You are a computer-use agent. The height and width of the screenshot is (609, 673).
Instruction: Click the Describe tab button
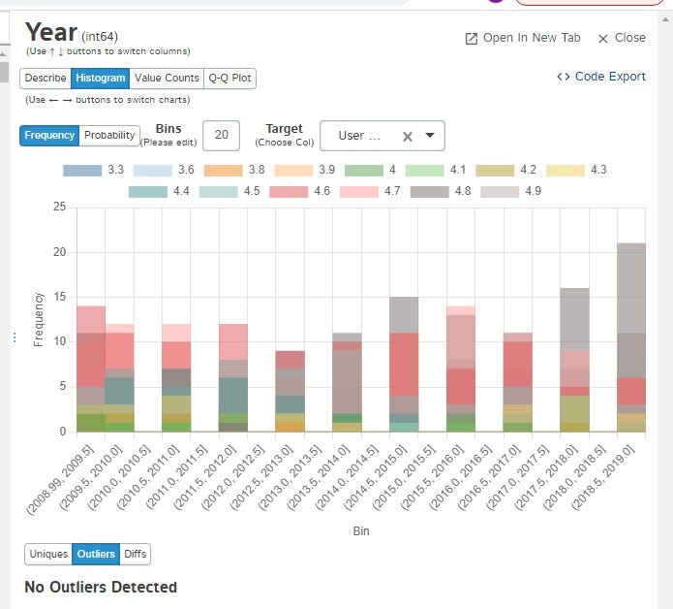(46, 79)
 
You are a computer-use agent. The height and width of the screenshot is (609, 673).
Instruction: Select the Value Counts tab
(167, 79)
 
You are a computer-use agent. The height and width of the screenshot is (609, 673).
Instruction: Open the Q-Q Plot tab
(230, 79)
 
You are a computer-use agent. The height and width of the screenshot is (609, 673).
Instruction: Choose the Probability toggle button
(109, 136)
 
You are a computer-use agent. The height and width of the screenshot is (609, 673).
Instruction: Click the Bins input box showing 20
(221, 136)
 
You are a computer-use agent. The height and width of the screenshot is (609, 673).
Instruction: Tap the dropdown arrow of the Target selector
(429, 136)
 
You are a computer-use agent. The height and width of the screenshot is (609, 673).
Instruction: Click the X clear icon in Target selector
(408, 137)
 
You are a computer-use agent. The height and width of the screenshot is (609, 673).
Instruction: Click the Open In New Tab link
(523, 38)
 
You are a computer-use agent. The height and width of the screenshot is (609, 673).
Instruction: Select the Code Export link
(601, 77)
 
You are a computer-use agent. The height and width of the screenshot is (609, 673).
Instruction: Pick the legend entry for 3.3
(94, 170)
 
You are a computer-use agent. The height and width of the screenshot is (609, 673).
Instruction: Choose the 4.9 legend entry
(512, 191)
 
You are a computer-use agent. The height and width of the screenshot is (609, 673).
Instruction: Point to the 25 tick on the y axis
(60, 207)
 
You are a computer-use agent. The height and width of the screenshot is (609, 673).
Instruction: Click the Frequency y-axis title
(39, 319)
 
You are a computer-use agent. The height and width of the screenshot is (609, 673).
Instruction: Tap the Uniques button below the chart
(48, 555)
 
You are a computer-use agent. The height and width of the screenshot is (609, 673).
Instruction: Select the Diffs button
(136, 555)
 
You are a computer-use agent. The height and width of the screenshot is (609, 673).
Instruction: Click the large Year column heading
(50, 34)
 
